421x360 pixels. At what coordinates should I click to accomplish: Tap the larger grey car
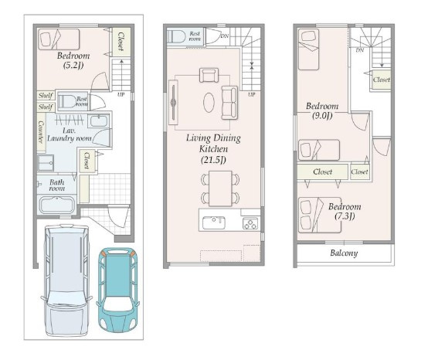66,280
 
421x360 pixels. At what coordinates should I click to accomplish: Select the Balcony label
344,253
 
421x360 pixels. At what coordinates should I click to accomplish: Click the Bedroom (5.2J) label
73,60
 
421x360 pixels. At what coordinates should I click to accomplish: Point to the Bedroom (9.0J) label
322,110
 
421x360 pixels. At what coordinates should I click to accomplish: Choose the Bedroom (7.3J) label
345,211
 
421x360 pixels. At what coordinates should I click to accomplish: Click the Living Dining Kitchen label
213,149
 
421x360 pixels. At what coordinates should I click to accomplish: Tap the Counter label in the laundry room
41,131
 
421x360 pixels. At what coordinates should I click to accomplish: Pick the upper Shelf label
46,96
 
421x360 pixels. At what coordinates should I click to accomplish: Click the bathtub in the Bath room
56,205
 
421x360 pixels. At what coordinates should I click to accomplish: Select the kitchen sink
214,222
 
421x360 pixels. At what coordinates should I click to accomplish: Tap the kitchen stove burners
250,224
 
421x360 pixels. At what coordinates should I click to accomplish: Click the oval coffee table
209,103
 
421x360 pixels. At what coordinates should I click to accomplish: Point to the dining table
220,188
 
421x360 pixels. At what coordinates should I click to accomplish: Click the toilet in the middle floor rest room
176,36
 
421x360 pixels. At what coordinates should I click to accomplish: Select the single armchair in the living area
209,75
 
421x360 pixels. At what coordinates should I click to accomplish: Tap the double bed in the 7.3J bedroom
320,216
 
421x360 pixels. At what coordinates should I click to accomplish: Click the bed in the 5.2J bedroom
59,39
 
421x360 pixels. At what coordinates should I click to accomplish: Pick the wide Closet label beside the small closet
322,172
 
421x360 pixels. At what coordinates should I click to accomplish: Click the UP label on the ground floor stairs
121,94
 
